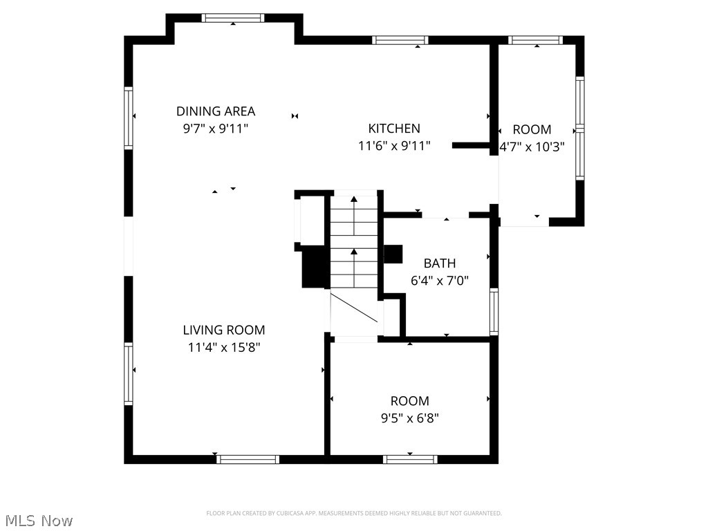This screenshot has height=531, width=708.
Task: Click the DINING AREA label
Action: [216, 111]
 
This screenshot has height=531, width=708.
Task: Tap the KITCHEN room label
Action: [394, 128]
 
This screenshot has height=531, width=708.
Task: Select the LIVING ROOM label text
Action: [223, 330]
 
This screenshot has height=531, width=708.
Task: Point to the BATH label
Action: [440, 263]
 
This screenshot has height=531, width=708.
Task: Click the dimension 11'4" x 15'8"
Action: [223, 348]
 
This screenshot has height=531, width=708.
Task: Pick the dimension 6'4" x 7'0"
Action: [440, 281]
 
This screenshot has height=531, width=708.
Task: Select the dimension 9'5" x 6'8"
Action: [410, 418]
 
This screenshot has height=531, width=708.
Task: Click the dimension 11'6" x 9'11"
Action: [394, 146]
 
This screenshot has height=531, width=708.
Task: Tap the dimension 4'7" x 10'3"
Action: [532, 147]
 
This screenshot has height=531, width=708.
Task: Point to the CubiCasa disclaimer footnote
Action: [354, 513]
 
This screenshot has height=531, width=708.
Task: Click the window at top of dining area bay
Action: [233, 19]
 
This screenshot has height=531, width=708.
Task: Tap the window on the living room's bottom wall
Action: [248, 459]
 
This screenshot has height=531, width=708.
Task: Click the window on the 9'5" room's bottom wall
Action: [411, 459]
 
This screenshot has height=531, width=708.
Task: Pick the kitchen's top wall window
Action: [400, 40]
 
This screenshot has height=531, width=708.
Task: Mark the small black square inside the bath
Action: [393, 254]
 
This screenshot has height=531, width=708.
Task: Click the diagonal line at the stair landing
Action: [354, 308]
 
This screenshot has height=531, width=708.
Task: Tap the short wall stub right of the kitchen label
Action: [472, 145]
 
